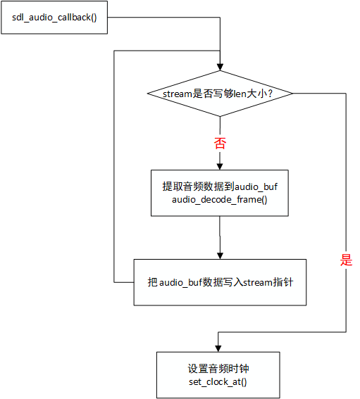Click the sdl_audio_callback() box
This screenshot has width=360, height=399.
pyautogui.click(x=54, y=18)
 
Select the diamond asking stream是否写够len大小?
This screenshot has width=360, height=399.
pyautogui.click(x=220, y=94)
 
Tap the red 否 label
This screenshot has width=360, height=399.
pyautogui.click(x=220, y=143)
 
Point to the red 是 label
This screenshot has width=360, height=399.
pyautogui.click(x=346, y=260)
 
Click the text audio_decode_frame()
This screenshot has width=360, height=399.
pyautogui.click(x=220, y=200)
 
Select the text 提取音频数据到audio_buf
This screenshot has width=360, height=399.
pyautogui.click(x=220, y=186)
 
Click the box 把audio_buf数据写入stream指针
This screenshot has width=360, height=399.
pyautogui.click(x=220, y=282)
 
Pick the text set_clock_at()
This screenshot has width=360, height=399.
pyautogui.click(x=218, y=381)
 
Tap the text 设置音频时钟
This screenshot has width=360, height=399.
pyautogui.click(x=218, y=369)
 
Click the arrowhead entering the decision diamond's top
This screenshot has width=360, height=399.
pyautogui.click(x=220, y=67)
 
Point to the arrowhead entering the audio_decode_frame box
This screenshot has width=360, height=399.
pyautogui.click(x=220, y=166)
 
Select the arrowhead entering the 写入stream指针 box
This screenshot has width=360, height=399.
pyautogui.click(x=220, y=255)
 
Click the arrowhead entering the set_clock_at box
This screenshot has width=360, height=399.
pyautogui.click(x=218, y=348)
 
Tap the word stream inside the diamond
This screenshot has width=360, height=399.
pyautogui.click(x=178, y=94)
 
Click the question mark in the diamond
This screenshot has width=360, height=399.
pyautogui.click(x=271, y=94)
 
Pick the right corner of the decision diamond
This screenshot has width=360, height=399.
pyautogui.click(x=293, y=94)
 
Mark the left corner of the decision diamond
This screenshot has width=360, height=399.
pyautogui.click(x=147, y=94)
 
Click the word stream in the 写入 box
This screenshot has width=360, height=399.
pyautogui.click(x=258, y=282)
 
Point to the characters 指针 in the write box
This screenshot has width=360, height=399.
pyautogui.click(x=283, y=282)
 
